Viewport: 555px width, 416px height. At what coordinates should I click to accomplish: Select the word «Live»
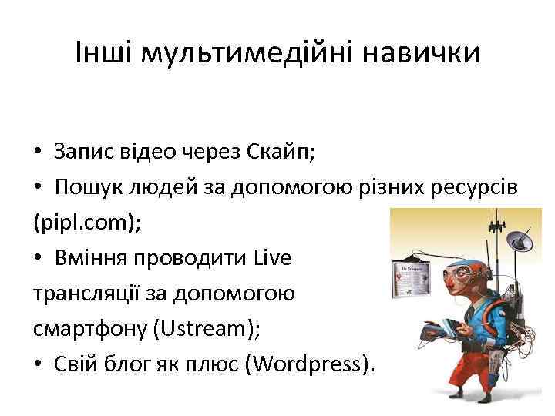[x=272, y=258]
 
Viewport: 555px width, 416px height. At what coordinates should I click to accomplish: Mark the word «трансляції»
[x=88, y=294]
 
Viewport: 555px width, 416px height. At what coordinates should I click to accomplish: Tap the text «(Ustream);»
[x=207, y=329]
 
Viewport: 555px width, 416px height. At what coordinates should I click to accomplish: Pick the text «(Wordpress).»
[x=308, y=364]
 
